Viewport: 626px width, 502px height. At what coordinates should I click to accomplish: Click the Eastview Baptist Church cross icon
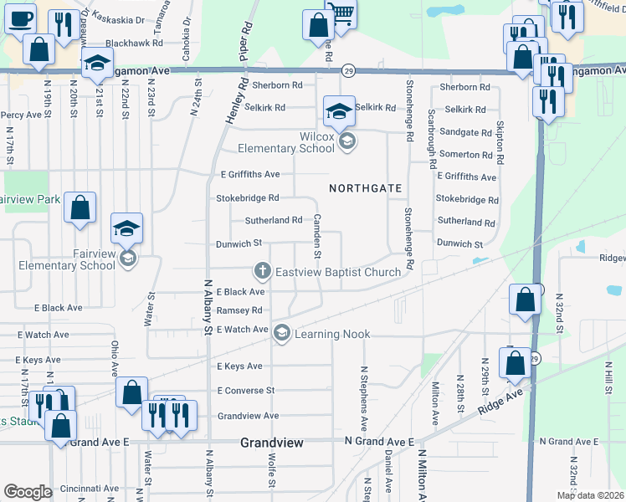click(x=262, y=271)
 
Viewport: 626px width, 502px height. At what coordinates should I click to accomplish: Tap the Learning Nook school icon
click(x=282, y=333)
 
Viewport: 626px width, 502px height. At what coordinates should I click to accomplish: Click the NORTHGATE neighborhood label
click(x=366, y=188)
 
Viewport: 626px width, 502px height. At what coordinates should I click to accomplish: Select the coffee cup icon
click(x=19, y=18)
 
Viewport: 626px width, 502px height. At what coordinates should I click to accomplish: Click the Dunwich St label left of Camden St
click(x=241, y=243)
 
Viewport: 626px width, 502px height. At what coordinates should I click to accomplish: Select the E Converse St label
click(x=245, y=391)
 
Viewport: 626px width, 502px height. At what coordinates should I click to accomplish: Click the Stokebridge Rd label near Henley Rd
click(x=247, y=198)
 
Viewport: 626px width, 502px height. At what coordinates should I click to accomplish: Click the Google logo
click(x=28, y=492)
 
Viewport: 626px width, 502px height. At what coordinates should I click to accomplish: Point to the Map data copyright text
click(x=591, y=495)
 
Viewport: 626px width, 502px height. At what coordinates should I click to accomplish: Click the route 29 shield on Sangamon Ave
click(x=347, y=72)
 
